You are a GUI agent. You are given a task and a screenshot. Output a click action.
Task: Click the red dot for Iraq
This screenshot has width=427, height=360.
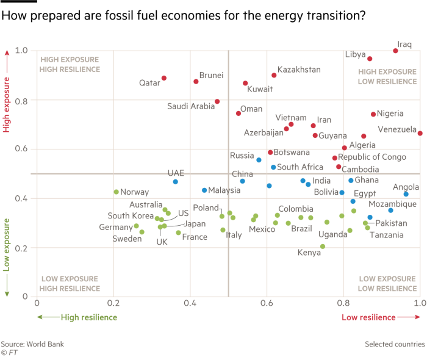396,51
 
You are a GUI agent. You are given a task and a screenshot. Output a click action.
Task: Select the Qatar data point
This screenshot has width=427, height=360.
164,78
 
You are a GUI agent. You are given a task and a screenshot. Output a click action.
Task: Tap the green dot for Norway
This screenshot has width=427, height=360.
116,192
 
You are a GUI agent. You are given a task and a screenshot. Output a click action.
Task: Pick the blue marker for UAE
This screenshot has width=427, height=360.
176,182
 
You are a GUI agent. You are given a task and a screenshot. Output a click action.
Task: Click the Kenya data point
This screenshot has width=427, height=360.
323,247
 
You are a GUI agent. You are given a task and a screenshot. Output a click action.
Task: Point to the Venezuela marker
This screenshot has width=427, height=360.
420,133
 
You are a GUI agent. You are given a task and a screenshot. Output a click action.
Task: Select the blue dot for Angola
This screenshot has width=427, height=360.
406,194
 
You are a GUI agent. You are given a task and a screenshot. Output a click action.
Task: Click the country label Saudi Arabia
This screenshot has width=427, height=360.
191,107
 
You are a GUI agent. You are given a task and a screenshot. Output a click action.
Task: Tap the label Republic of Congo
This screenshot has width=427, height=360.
372,157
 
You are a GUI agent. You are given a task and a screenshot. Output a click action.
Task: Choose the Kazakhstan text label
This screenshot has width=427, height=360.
299,70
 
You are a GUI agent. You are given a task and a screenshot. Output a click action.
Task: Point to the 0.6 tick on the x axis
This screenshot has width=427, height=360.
267,303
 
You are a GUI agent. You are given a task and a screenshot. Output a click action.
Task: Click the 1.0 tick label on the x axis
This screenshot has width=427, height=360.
419,303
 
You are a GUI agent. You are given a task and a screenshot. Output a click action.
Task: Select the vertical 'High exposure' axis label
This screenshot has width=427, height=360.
7,101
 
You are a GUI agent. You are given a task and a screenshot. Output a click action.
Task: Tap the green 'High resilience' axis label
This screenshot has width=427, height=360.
88,317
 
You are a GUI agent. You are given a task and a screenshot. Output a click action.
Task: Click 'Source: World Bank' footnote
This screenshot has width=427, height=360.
32,344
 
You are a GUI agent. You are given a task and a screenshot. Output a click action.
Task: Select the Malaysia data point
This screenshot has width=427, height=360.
204,190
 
